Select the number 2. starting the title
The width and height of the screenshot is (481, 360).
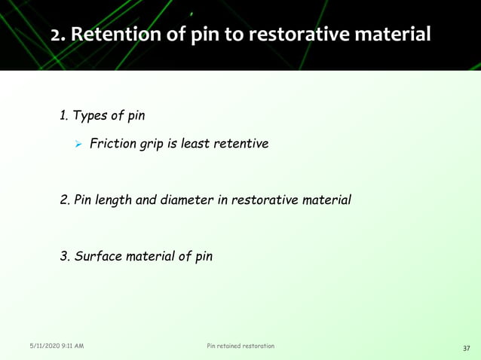[61, 35]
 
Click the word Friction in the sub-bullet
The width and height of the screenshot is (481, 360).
[112, 142]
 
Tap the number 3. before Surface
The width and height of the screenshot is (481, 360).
[66, 256]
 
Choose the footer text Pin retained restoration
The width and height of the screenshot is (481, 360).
[240, 346]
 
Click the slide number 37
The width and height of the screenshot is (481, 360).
[466, 348]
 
